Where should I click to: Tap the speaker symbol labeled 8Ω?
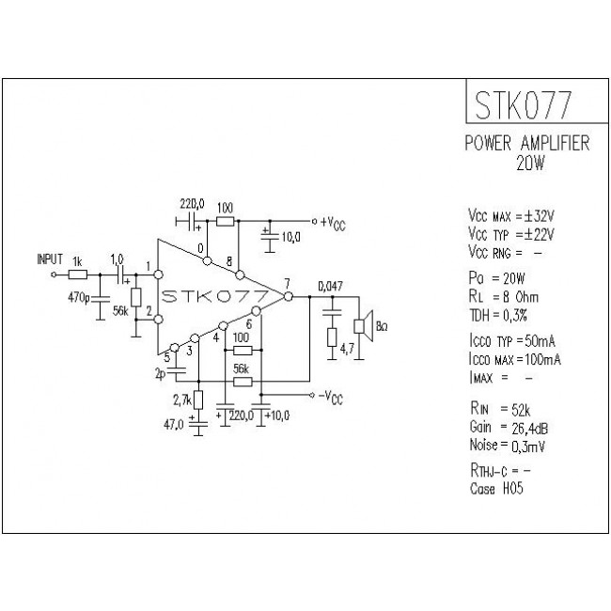pos(361,325)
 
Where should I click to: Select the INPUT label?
pos(51,258)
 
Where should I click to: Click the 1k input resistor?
pos(79,274)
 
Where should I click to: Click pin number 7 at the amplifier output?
pos(287,282)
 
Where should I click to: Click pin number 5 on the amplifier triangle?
pos(167,355)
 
